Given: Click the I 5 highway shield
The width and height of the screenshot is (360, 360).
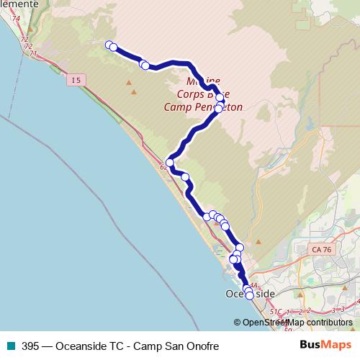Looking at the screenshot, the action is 76,81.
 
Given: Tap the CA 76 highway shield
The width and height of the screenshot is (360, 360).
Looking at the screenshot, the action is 321,249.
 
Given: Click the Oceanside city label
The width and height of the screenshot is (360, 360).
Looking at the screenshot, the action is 250,295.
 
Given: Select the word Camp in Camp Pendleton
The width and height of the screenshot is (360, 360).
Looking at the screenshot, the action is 171,107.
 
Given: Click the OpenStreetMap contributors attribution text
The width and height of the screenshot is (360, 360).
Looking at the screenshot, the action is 297,323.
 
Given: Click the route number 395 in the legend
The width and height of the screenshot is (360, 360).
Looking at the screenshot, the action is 30,346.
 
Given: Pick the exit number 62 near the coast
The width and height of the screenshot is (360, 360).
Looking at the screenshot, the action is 165,168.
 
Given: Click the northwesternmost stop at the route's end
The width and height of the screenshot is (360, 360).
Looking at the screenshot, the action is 109,45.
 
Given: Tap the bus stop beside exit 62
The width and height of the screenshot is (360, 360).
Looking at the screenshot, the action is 170,163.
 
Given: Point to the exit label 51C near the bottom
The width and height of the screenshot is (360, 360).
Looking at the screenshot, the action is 278,312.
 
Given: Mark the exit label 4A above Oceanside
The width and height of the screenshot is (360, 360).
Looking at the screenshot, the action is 252,285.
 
